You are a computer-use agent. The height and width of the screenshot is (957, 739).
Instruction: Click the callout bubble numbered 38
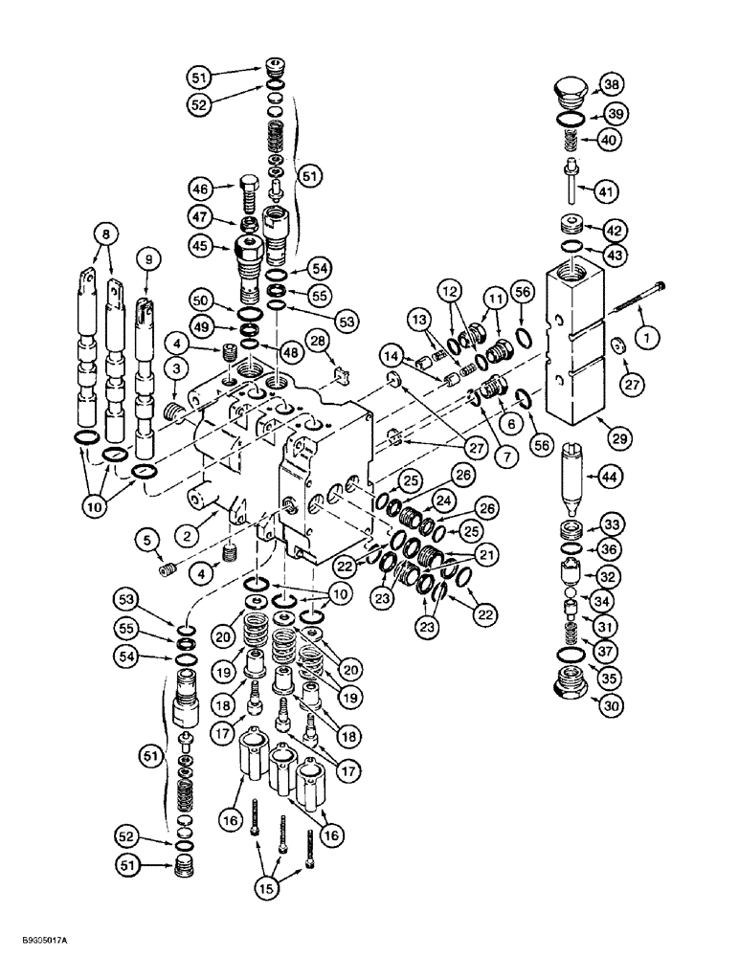[x=610, y=86]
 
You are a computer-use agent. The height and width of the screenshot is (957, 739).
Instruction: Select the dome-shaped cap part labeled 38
[x=567, y=94]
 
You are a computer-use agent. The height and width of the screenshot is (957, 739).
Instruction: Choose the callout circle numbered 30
[x=610, y=706]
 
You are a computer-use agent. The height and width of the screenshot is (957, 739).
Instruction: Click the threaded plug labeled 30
[x=569, y=683]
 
